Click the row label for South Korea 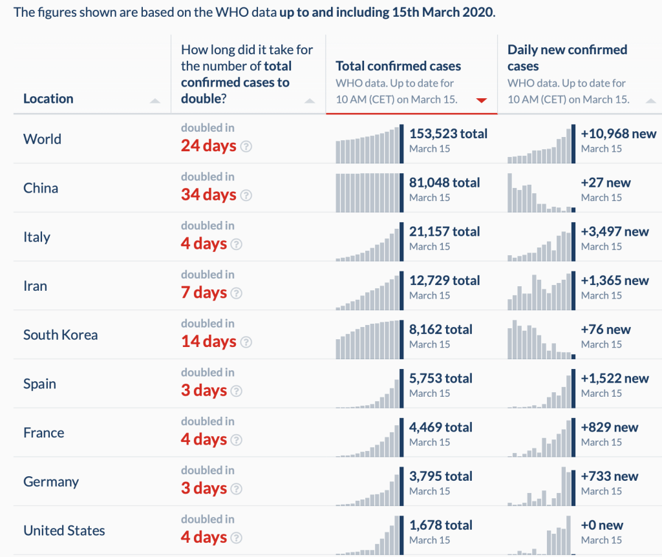(x=60, y=335)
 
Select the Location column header (x=48, y=99)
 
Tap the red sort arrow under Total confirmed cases (x=481, y=100)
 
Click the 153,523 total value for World (x=448, y=134)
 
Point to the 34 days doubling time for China (x=208, y=194)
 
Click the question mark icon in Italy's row (x=237, y=244)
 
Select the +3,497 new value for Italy (x=614, y=232)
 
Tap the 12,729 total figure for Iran (x=444, y=280)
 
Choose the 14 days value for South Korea (x=208, y=341)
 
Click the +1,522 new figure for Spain (x=614, y=379)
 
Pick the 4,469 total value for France (x=440, y=427)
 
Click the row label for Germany (x=51, y=481)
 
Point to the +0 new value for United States (x=602, y=525)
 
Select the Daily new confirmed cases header (x=567, y=58)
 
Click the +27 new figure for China (x=605, y=183)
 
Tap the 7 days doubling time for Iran (x=204, y=293)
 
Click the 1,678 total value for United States (x=440, y=525)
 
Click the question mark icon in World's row (x=246, y=146)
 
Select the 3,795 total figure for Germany (x=440, y=476)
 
